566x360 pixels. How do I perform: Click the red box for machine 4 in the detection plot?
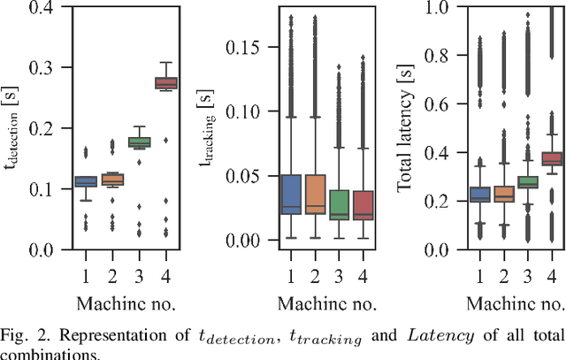pos(165,83)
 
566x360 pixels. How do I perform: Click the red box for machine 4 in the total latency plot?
pos(552,159)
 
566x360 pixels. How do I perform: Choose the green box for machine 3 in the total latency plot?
pos(527,182)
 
